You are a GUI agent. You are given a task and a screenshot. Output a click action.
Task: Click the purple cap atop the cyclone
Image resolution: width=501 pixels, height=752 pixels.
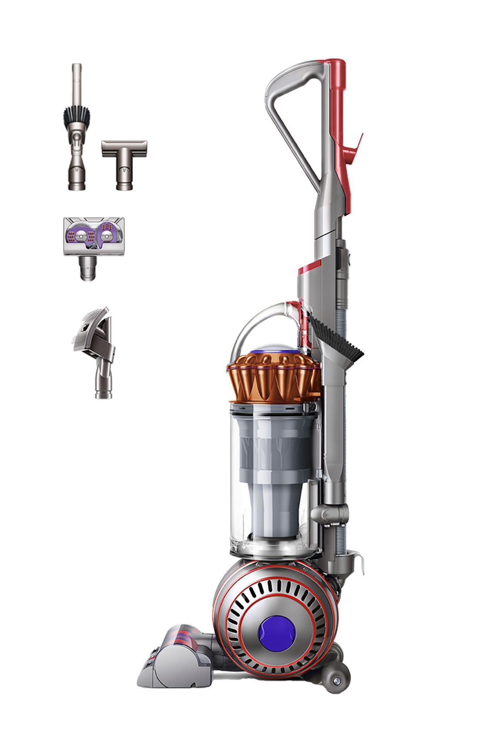(277, 349)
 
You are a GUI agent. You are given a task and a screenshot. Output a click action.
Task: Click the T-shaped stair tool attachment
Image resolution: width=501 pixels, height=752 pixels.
(124, 163)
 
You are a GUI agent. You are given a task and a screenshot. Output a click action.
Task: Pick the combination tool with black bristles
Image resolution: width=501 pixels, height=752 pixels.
(77, 131)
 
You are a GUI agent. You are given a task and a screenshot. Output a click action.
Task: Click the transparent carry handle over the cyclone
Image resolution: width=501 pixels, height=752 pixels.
(252, 322)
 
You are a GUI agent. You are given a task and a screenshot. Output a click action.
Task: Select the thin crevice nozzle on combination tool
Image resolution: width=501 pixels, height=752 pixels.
(77, 83)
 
